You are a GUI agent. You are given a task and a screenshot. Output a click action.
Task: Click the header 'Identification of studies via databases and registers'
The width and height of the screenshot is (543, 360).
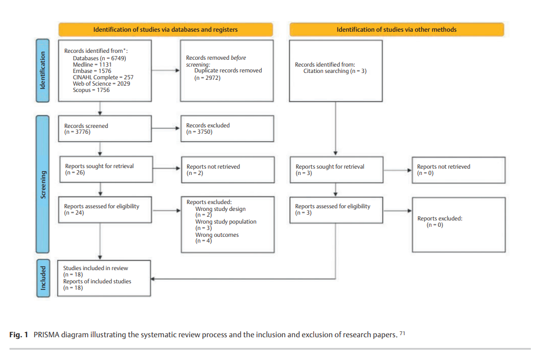tap(165, 30)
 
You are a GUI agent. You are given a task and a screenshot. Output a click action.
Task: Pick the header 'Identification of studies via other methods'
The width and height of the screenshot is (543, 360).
tap(396, 30)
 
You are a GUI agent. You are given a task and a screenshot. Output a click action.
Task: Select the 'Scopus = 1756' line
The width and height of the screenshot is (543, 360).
tap(91, 90)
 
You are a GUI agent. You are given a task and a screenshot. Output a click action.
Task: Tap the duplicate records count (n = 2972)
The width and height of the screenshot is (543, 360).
tap(207, 77)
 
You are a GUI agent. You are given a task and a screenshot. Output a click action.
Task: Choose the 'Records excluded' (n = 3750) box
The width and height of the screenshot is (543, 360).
tap(227, 128)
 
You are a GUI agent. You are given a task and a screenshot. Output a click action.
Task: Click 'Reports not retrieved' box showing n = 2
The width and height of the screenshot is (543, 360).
tap(227, 170)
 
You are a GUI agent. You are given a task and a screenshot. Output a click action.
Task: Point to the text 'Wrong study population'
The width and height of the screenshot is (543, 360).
tap(226, 221)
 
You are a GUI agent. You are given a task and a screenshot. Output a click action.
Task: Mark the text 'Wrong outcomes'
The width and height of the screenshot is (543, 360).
tap(217, 235)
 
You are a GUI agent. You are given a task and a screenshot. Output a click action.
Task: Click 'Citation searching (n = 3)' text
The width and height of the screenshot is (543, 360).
tap(334, 71)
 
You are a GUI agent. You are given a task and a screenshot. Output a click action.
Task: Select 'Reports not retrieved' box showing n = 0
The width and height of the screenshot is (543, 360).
tap(458, 170)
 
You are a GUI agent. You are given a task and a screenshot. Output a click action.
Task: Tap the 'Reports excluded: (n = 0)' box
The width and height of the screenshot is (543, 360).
tap(458, 221)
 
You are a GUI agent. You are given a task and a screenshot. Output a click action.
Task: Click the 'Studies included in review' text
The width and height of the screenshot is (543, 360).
tap(96, 268)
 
